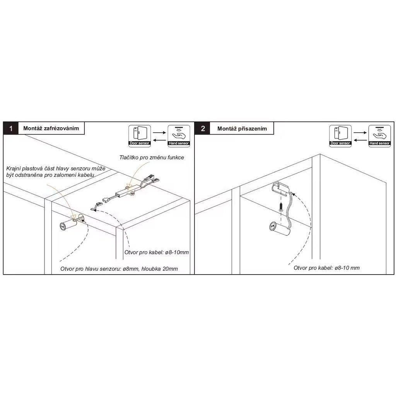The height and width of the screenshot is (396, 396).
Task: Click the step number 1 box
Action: tap(10, 128)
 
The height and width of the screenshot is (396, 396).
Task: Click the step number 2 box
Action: tap(203, 128)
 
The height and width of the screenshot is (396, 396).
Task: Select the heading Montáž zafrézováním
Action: tap(51, 128)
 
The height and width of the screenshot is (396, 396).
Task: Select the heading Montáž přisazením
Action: tap(242, 128)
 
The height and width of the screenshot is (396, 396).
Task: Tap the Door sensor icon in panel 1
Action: tap(140, 136)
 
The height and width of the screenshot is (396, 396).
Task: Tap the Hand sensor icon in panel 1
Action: tap(179, 136)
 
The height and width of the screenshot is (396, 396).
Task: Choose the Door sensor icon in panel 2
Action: tap(340, 136)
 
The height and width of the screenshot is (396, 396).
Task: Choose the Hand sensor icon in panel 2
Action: tap(380, 136)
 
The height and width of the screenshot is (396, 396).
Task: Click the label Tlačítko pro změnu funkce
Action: tap(152, 157)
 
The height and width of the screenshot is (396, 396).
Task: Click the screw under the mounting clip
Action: tap(281, 207)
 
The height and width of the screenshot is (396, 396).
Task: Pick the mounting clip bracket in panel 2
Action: tap(280, 189)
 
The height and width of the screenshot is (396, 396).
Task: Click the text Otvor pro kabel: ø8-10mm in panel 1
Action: tap(157, 252)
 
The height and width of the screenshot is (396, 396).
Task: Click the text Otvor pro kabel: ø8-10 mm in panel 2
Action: tap(326, 268)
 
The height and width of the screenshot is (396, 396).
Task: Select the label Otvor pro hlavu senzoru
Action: tap(91, 269)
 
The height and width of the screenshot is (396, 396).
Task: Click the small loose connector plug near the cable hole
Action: tap(95, 207)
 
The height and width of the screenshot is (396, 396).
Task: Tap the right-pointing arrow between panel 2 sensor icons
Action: tap(360, 133)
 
